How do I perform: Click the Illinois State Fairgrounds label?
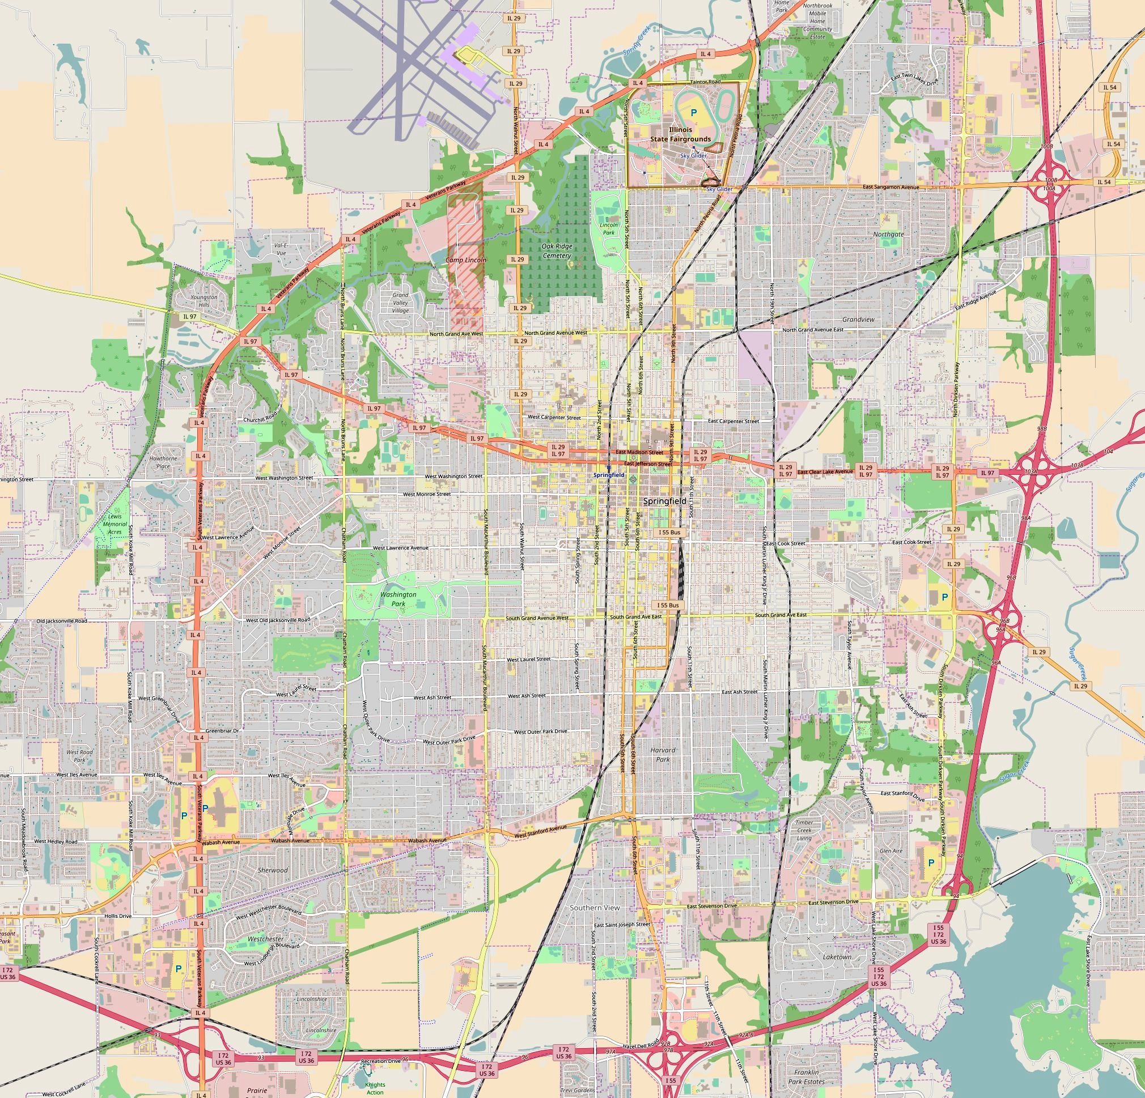point(681,134)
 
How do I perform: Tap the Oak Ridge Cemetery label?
point(556,250)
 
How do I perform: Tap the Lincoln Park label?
point(609,228)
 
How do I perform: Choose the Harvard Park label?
point(663,754)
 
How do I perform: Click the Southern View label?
point(594,908)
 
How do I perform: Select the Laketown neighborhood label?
point(837,957)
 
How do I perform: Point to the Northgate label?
point(888,234)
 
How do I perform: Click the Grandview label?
point(858,320)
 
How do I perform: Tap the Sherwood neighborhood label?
point(272,870)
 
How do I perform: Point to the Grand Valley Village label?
point(400,303)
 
